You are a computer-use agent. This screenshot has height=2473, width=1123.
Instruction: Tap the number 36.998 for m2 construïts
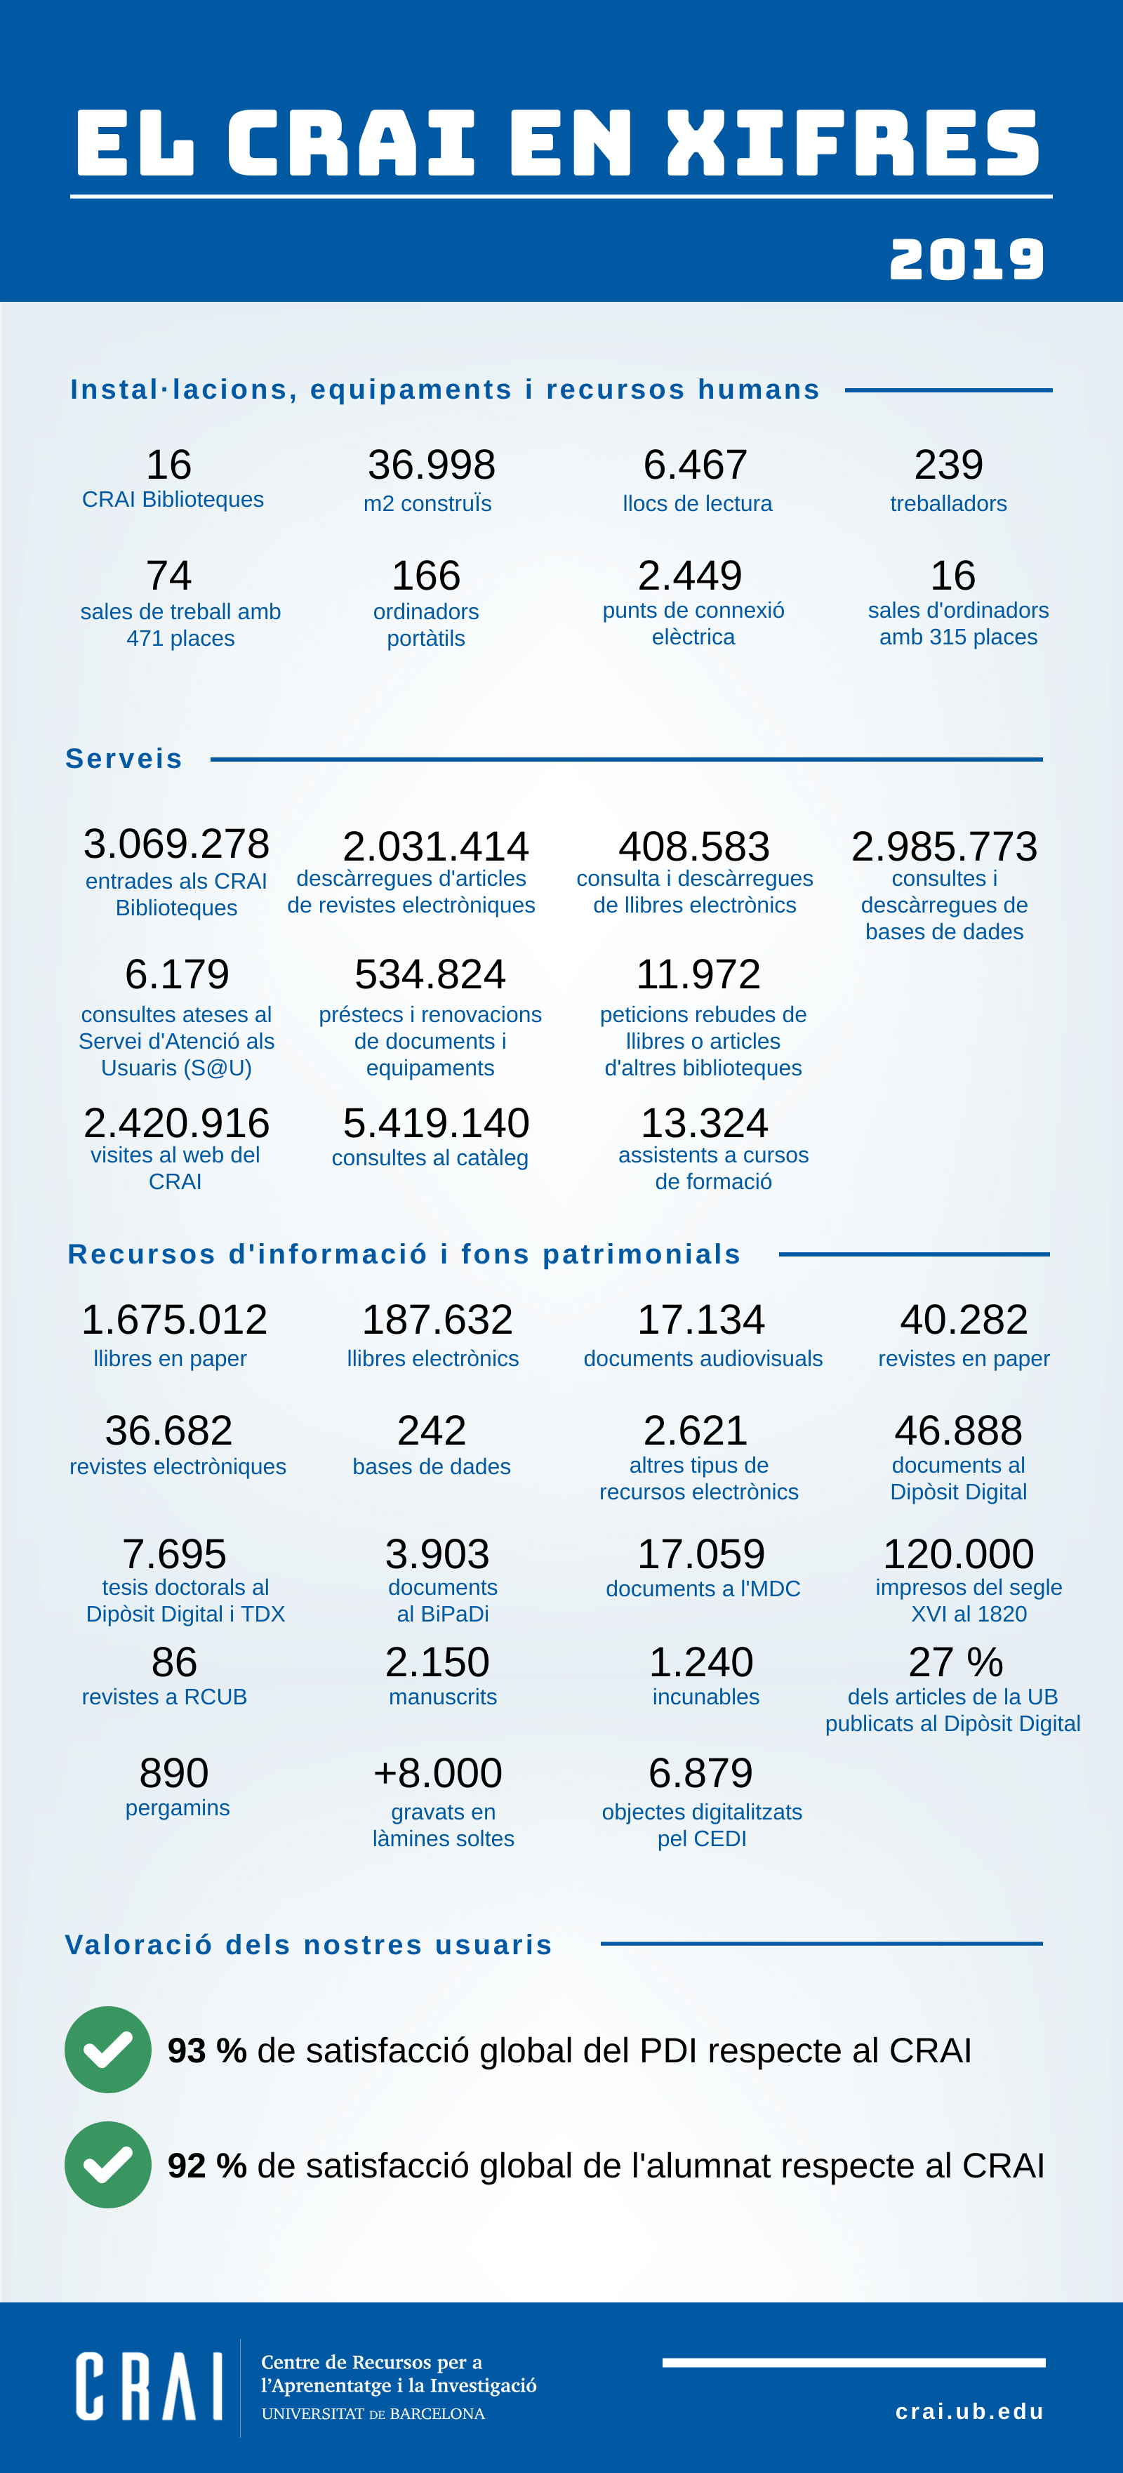point(431,465)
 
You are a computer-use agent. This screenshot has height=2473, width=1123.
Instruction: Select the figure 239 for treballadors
point(948,465)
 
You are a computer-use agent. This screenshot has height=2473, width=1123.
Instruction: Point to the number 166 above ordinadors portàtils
point(426,576)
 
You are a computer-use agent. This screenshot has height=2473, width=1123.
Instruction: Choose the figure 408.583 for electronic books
point(694,847)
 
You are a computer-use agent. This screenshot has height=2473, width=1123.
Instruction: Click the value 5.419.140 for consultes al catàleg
point(436,1123)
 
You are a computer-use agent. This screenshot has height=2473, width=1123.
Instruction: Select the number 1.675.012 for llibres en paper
point(174,1320)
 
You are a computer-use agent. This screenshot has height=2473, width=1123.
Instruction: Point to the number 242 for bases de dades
point(432,1431)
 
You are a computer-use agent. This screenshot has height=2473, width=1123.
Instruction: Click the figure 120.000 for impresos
point(958,1554)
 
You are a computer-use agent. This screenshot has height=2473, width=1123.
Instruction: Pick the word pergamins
point(178,1809)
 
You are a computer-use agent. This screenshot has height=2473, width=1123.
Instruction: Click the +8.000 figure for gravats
point(438,1773)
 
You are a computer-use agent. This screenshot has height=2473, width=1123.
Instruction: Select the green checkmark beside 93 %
point(107,2050)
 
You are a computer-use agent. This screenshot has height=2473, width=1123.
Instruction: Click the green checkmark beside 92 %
point(107,2165)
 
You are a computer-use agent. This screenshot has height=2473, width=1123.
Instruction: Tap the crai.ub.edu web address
point(969,2411)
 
